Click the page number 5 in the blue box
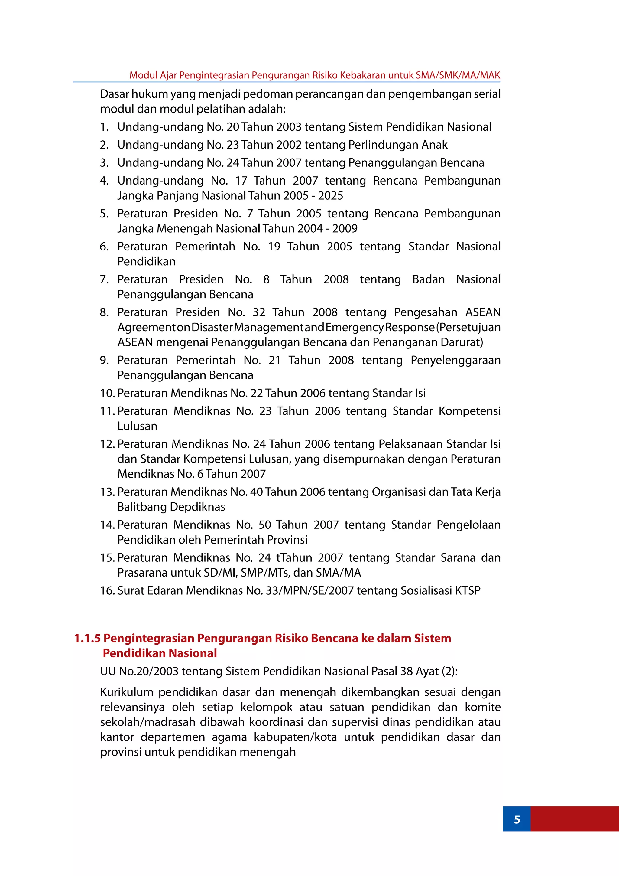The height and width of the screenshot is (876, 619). pos(517,819)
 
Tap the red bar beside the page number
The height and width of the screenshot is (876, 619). pos(574,819)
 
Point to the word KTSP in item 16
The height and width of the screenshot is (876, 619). pos(467,591)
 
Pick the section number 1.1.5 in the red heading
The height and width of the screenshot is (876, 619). pos(87,638)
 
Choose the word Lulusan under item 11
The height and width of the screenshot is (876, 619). pos(137,426)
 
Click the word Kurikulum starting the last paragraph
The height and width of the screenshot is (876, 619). pos(126,692)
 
